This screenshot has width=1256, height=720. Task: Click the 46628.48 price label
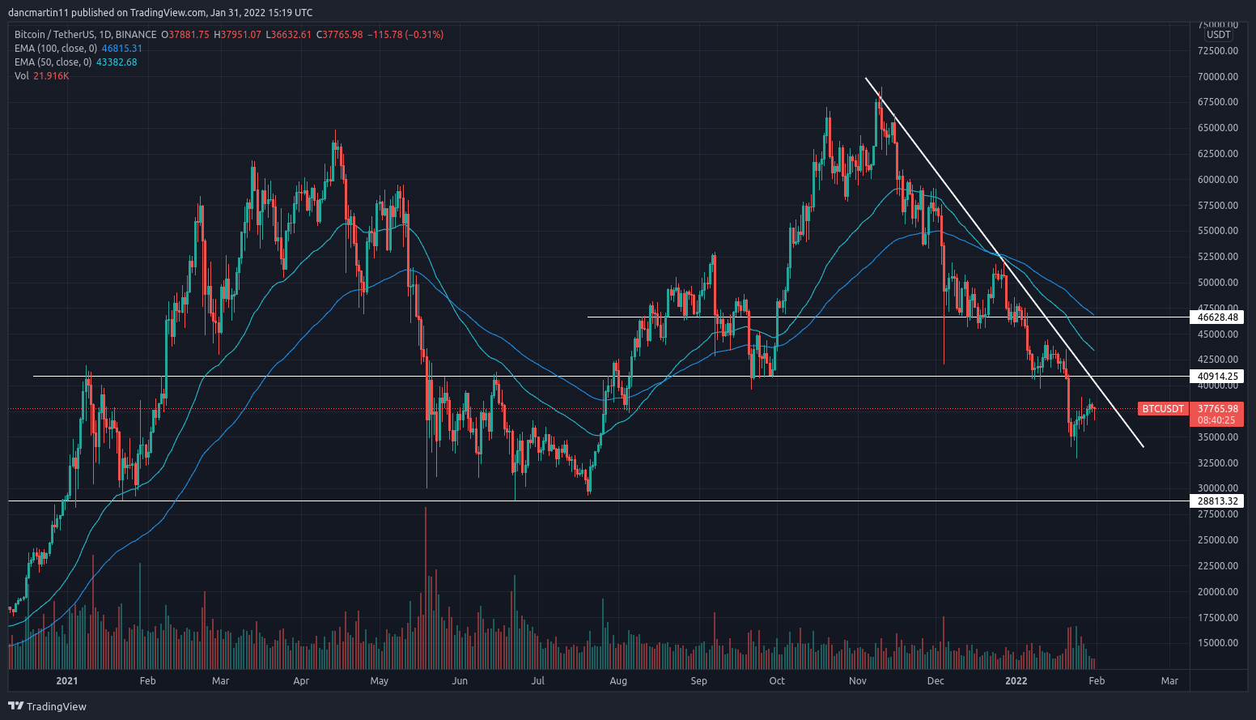[x=1218, y=317]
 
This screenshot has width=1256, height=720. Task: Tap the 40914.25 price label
[x=1218, y=377]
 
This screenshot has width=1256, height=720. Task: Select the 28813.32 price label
[x=1218, y=501]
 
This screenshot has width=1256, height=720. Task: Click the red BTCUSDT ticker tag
[x=1163, y=409]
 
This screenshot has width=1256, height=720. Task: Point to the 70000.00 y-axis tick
[x=1218, y=77]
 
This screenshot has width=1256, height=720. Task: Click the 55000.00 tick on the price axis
[x=1218, y=231]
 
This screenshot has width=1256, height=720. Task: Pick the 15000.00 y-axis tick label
[x=1218, y=643]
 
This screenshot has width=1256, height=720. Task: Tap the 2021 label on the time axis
[x=67, y=681]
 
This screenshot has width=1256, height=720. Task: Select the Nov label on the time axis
[x=858, y=681]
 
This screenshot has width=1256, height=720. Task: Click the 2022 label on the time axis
[x=1016, y=681]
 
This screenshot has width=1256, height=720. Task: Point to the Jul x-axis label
[x=537, y=681]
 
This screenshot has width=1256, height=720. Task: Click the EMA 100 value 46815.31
[x=121, y=49]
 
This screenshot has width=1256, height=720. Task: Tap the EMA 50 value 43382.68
[x=117, y=62]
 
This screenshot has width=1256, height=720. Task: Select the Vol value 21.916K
[x=51, y=76]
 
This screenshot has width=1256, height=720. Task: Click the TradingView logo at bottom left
[x=47, y=706]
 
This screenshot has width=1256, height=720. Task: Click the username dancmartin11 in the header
[x=37, y=13]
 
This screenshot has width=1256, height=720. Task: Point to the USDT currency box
[x=1218, y=35]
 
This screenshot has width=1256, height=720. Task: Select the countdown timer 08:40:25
[x=1216, y=420]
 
